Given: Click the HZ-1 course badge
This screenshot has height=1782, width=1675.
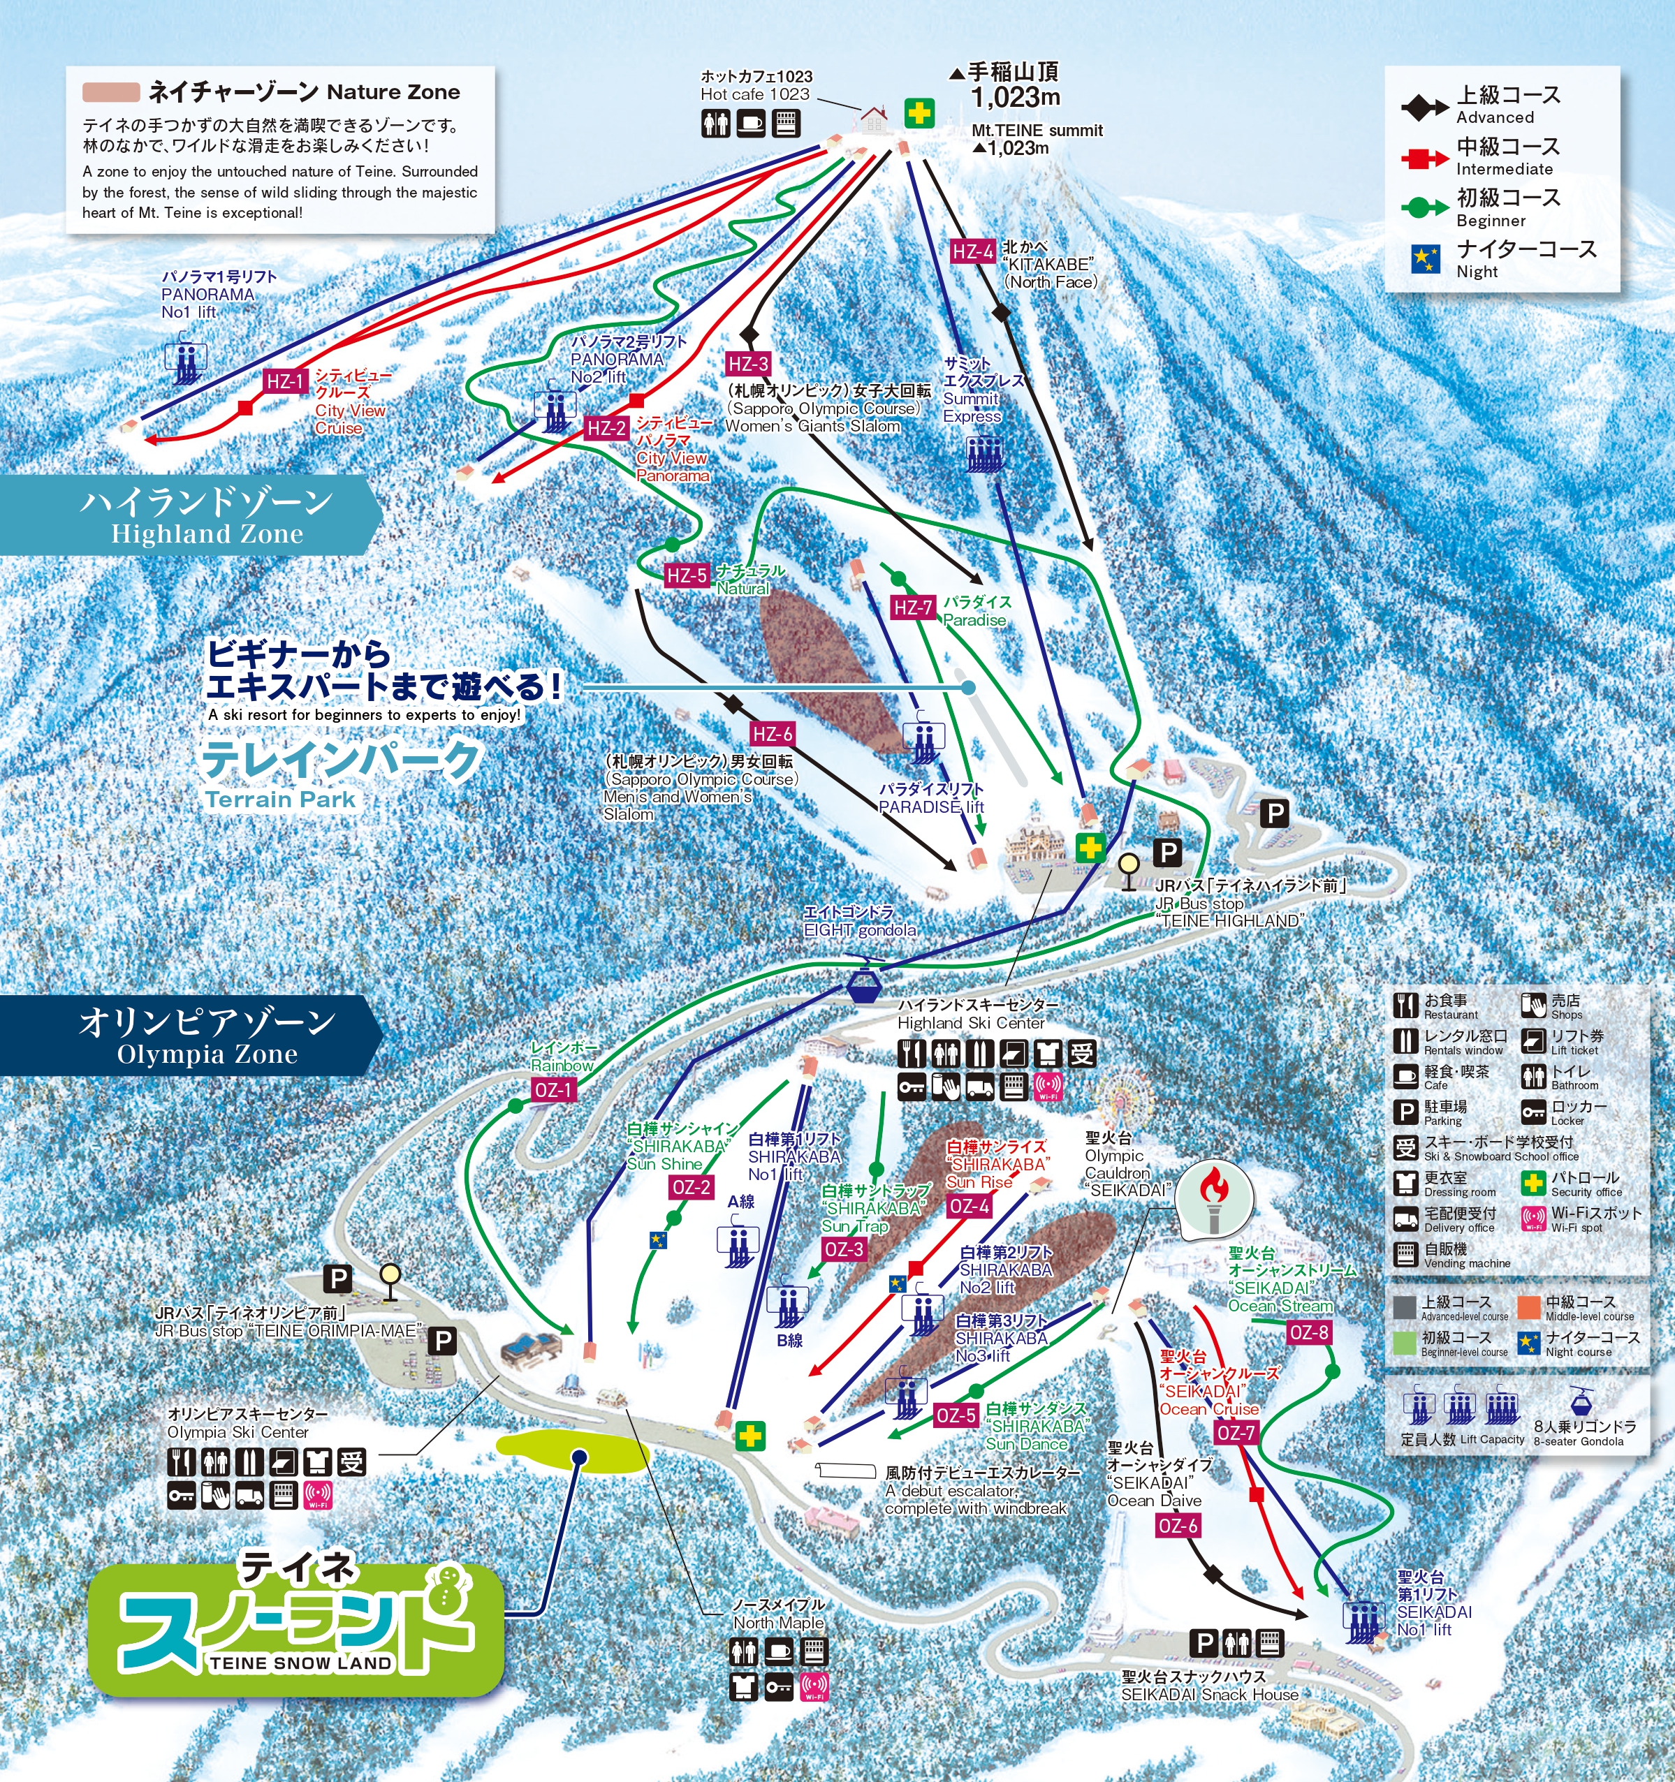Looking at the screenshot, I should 285,382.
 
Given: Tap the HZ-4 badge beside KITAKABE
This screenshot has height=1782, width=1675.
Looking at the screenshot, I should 972,252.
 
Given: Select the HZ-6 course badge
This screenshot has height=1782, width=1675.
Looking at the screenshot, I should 772,734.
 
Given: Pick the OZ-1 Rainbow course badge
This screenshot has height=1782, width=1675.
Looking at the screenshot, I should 553,1090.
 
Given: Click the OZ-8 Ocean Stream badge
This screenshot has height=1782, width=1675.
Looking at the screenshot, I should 1308,1333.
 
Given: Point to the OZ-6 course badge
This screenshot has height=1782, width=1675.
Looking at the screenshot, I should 1178,1526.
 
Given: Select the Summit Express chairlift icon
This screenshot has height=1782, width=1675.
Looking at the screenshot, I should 983,454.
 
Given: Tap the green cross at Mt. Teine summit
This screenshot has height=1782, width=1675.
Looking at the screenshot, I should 919,114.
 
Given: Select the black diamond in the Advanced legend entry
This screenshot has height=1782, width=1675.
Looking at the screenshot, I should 1424,108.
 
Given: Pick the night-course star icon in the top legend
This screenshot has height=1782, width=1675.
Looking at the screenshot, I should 1426,259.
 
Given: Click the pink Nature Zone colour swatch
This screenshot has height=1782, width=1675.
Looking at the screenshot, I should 110,92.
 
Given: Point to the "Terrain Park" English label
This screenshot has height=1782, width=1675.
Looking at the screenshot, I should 280,800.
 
